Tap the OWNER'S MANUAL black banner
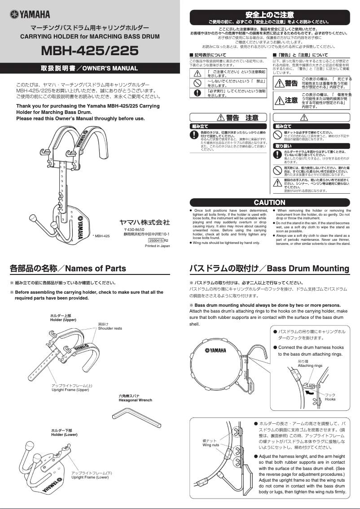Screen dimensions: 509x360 click(90, 69)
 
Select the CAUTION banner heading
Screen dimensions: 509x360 click(269, 203)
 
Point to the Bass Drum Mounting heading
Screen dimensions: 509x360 click(269, 269)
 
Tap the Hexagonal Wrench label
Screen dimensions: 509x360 click(135, 398)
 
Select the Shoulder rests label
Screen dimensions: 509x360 click(110, 326)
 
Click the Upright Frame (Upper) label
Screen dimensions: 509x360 click(70, 388)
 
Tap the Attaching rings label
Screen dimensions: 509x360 click(310, 364)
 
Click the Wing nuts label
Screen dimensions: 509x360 click(211, 443)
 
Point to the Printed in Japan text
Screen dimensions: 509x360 click(158, 246)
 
